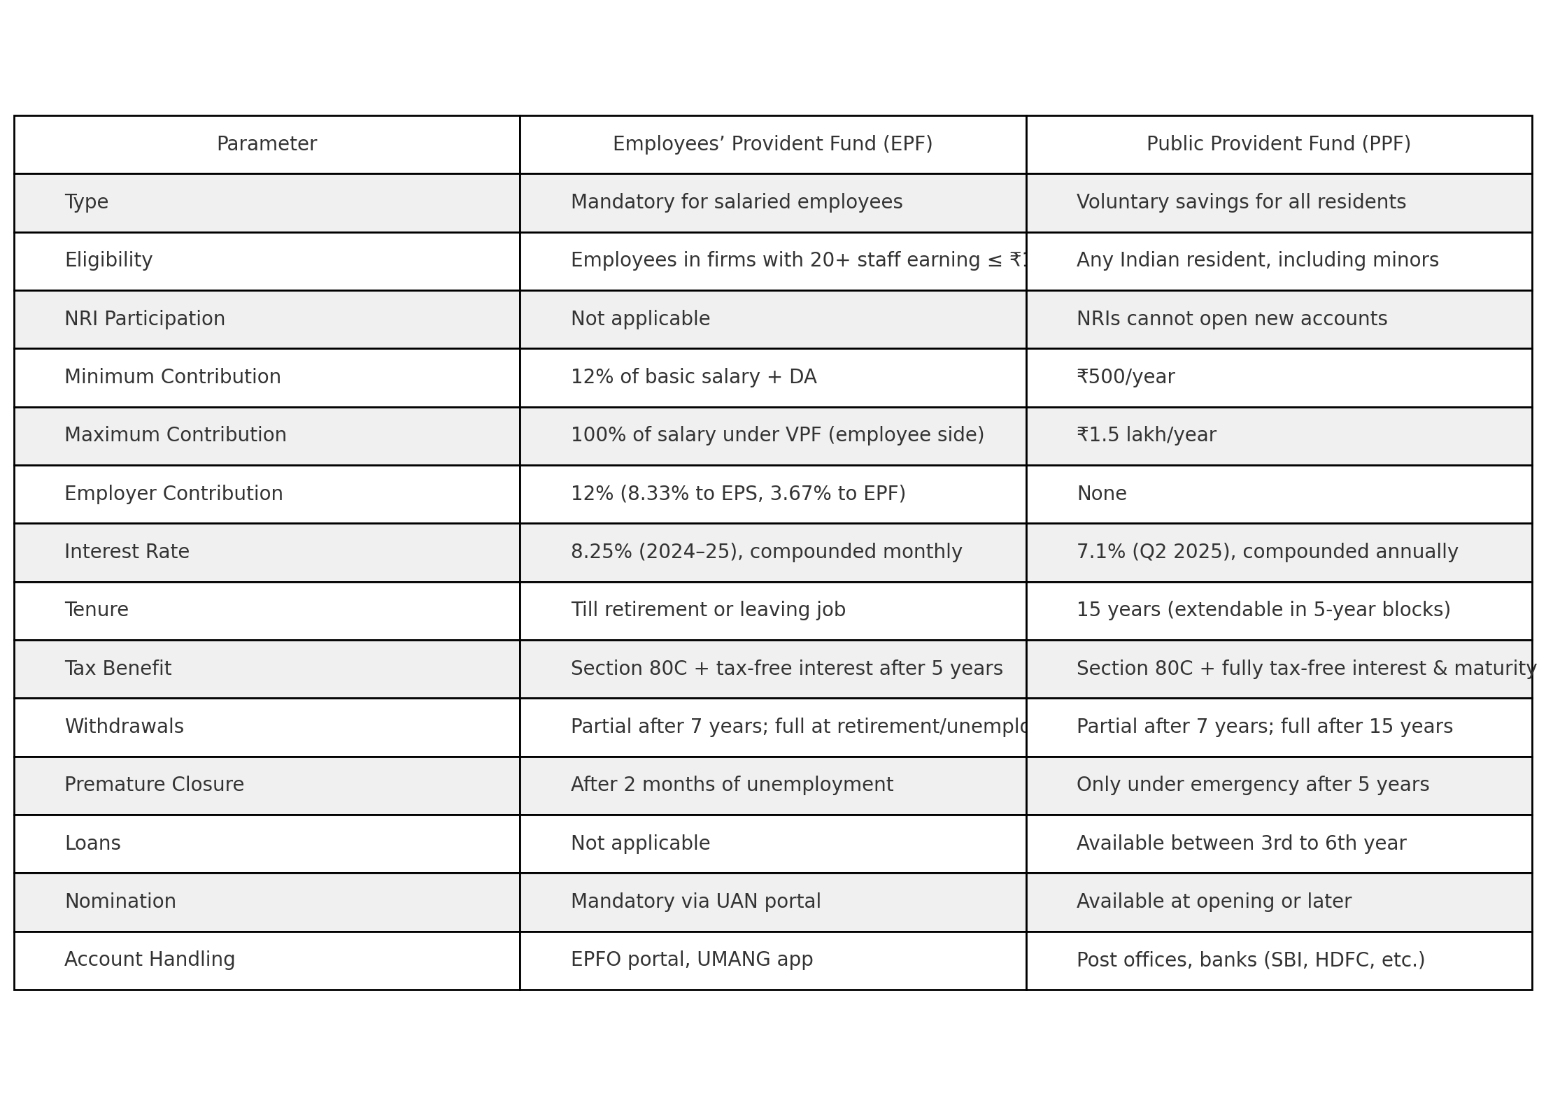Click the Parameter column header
click(267, 145)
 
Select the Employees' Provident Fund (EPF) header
click(772, 145)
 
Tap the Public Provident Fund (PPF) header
click(1278, 145)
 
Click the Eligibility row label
click(108, 261)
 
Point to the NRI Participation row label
click(145, 320)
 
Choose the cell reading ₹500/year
click(1126, 378)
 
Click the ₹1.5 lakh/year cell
click(1146, 436)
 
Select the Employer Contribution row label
click(173, 494)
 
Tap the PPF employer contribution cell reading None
click(1101, 494)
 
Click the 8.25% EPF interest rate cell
click(766, 552)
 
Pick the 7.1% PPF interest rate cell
click(1267, 552)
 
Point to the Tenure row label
click(97, 611)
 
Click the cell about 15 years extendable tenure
click(1263, 611)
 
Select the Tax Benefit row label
click(118, 669)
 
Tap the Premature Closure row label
click(154, 785)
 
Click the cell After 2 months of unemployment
click(732, 785)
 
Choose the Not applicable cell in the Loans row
click(640, 844)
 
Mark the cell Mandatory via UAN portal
click(695, 902)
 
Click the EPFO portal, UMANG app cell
click(691, 960)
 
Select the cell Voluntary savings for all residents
click(1240, 203)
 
